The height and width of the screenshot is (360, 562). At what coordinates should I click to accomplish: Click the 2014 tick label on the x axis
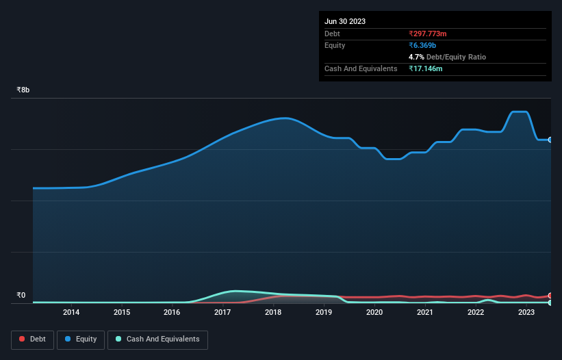tap(71, 313)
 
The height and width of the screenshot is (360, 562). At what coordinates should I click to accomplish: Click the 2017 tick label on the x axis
tap(222, 313)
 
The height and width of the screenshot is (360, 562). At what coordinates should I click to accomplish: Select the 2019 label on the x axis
tap(324, 313)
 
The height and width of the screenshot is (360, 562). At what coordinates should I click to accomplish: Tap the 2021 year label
tap(425, 313)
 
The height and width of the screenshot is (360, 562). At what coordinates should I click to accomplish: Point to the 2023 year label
tap(526, 313)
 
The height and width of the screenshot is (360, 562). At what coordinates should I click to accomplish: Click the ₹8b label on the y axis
tap(23, 90)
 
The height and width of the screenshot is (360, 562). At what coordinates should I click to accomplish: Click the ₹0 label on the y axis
tap(21, 296)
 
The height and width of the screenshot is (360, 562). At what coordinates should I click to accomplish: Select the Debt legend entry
tap(30, 339)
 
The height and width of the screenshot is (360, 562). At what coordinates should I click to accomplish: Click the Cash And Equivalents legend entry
tap(157, 339)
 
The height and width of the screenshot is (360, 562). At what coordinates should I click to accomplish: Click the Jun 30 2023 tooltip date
tap(345, 21)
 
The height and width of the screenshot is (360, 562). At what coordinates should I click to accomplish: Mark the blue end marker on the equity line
tap(550, 140)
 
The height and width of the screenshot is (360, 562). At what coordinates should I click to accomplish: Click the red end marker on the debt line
tap(550, 296)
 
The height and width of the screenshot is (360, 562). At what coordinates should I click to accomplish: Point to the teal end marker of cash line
tap(550, 303)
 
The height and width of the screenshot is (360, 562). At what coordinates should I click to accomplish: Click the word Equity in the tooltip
tap(335, 45)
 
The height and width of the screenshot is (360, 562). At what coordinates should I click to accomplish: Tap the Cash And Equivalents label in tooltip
tap(361, 68)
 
